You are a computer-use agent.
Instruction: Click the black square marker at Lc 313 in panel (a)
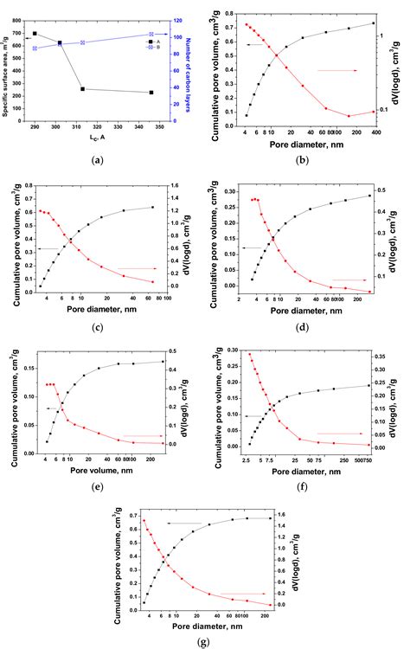click(83, 89)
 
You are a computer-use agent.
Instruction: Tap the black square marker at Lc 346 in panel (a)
click(151, 93)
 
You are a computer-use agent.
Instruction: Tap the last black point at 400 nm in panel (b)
click(373, 23)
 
